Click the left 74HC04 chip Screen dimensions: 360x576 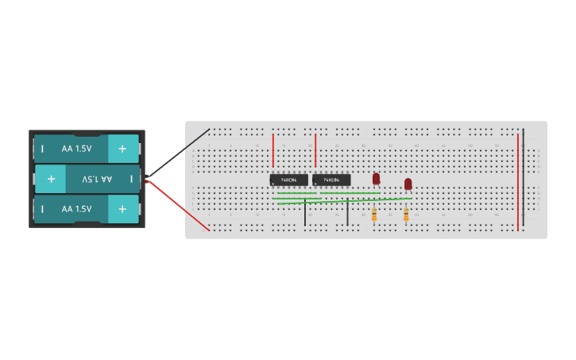pyautogui.click(x=288, y=180)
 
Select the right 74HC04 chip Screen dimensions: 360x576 pyautogui.click(x=331, y=180)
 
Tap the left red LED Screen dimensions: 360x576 pyautogui.click(x=377, y=179)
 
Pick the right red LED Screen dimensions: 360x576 pyautogui.click(x=408, y=184)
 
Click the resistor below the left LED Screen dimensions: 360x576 pyautogui.click(x=374, y=214)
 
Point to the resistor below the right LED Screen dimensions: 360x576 pyautogui.click(x=406, y=214)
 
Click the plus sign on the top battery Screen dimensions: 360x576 pyautogui.click(x=122, y=149)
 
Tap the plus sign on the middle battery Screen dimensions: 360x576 pyautogui.click(x=51, y=179)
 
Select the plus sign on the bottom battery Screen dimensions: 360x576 pyautogui.click(x=122, y=209)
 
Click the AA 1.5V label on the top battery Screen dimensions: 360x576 pyautogui.click(x=76, y=149)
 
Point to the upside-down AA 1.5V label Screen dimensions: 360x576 pyautogui.click(x=97, y=179)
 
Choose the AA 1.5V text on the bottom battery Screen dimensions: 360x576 pyautogui.click(x=76, y=209)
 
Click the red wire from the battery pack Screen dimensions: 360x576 pyautogui.click(x=179, y=205)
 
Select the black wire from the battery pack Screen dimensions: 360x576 pyautogui.click(x=179, y=153)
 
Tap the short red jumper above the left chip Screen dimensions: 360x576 pyautogui.click(x=273, y=149)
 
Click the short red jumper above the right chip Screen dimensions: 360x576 pyautogui.click(x=315, y=149)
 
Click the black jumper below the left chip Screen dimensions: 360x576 pyautogui.click(x=304, y=213)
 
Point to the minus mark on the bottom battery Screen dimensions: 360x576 pyautogui.click(x=42, y=209)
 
